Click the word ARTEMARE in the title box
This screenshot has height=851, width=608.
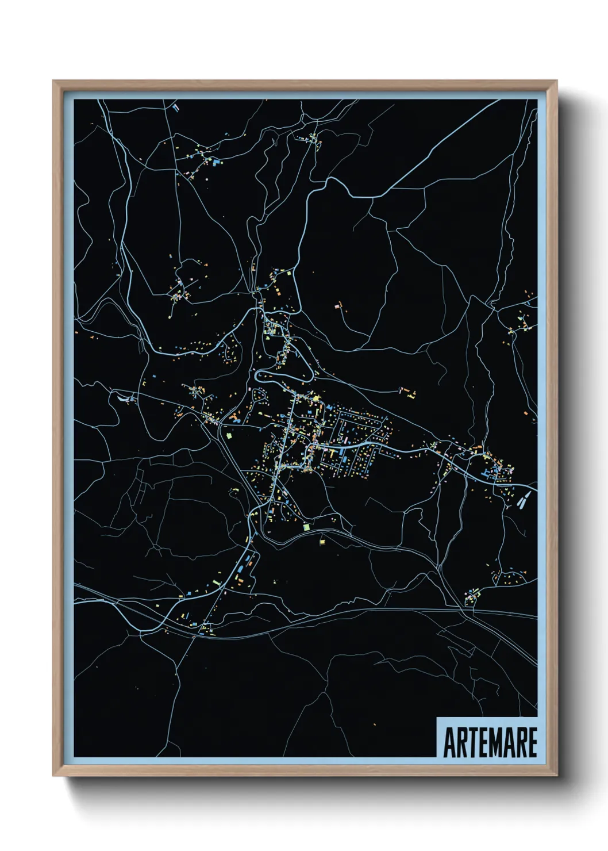490,742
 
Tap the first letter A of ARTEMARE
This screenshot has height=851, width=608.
449,742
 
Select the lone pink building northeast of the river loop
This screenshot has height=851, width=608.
338,306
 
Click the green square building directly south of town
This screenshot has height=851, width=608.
306,526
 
